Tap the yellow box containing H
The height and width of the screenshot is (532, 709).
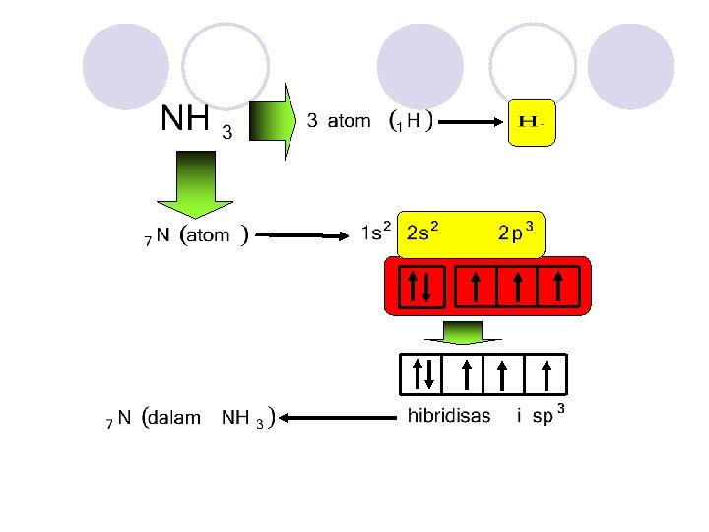coord(533,122)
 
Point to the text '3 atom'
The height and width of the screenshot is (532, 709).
coord(339,121)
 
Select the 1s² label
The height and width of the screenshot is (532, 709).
coord(375,233)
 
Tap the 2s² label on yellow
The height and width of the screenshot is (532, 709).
coord(422,233)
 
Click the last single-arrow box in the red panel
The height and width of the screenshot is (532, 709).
coord(558,286)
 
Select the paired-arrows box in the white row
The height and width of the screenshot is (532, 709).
coord(421,373)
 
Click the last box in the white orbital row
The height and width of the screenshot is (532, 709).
coord(546,373)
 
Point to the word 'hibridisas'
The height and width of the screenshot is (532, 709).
coord(449,416)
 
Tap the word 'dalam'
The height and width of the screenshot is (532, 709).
coord(177,418)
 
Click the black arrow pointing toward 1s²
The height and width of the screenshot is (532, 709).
coord(305,235)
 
